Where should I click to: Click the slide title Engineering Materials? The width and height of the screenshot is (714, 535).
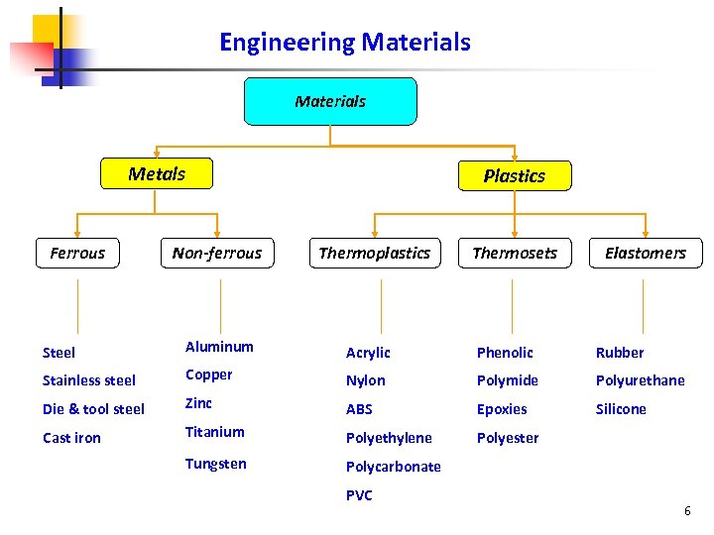tap(344, 43)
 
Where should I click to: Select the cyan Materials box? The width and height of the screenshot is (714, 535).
tap(330, 101)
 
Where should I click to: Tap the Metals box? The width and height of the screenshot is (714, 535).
tap(157, 174)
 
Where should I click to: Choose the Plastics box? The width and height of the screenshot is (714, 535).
tap(514, 175)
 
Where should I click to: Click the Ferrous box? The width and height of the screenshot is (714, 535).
tap(77, 253)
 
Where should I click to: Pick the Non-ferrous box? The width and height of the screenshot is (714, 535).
tap(217, 253)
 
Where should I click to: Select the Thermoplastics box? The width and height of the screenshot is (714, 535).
tap(375, 253)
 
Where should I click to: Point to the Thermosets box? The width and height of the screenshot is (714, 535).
tap(515, 253)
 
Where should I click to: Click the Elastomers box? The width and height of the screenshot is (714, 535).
tap(646, 253)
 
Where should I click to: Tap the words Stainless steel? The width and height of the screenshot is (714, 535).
tap(89, 380)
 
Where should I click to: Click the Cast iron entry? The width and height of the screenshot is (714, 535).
tap(71, 438)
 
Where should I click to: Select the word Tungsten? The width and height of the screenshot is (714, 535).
tap(215, 464)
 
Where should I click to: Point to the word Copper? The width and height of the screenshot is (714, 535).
tap(208, 374)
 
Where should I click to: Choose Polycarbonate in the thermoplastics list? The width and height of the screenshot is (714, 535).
tap(393, 467)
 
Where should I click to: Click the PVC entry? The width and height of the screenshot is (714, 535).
tap(359, 495)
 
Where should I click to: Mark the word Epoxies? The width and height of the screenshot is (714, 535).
tap(502, 409)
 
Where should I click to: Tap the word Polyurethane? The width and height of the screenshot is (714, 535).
tap(640, 380)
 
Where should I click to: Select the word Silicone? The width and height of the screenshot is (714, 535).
tap(621, 409)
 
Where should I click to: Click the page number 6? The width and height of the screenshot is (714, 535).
tap(687, 511)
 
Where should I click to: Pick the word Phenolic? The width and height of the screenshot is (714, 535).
tap(505, 353)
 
